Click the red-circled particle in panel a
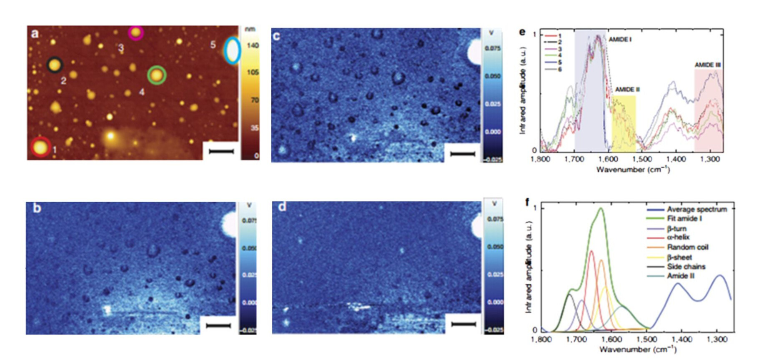[x=40, y=147]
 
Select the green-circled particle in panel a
[x=157, y=75]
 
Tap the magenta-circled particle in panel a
[x=135, y=32]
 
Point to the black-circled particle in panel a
[x=54, y=65]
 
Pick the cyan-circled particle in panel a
[x=232, y=51]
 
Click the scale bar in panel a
[x=221, y=151]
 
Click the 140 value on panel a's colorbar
[x=253, y=45]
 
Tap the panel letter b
[x=37, y=207]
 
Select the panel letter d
[x=282, y=207]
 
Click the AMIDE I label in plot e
[x=620, y=40]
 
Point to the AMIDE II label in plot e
[x=627, y=90]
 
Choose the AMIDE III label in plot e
[x=707, y=65]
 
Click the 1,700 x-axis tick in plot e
[x=575, y=159]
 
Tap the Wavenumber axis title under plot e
[x=633, y=170]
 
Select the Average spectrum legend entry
[x=696, y=209]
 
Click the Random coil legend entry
[x=687, y=247]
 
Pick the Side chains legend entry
[x=686, y=267]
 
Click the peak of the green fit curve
[x=601, y=208]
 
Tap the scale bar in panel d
[x=463, y=324]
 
